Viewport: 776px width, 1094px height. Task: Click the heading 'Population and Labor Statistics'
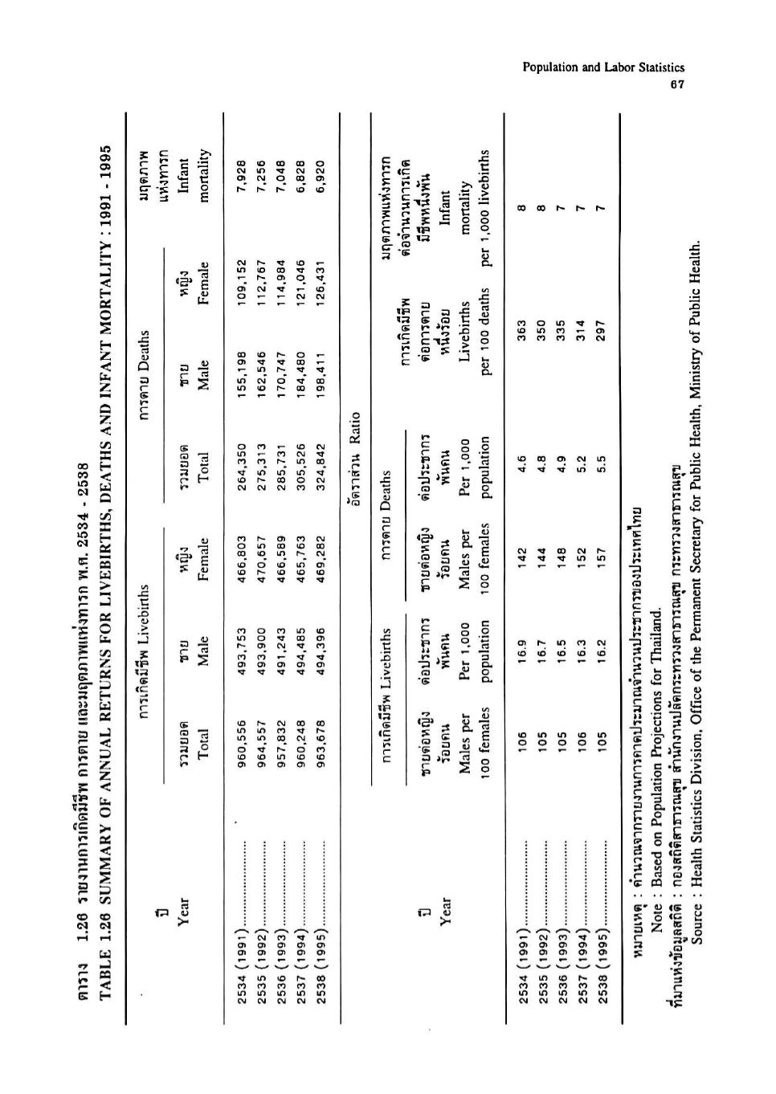[x=603, y=68]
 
